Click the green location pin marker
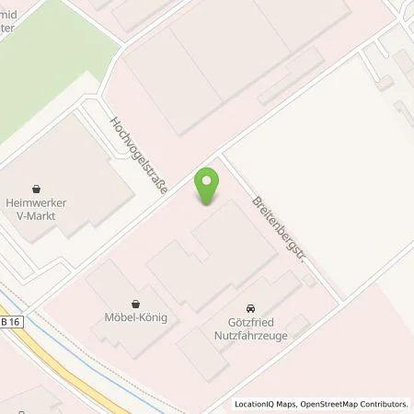point(208,186)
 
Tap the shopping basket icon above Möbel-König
point(135,304)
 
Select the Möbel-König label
point(135,321)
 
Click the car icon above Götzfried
point(249,308)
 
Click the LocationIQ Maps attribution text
point(264,404)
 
